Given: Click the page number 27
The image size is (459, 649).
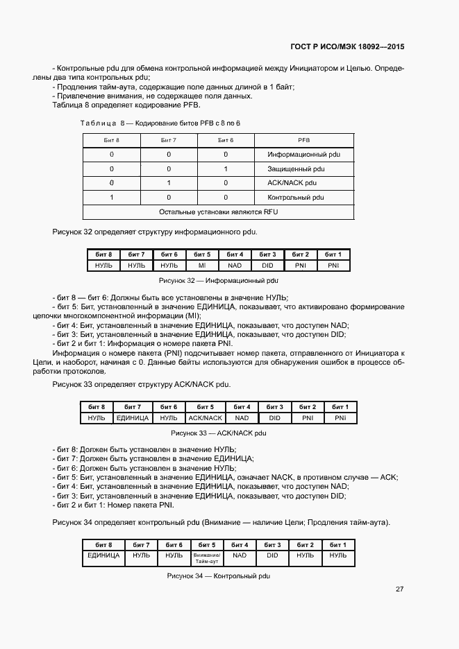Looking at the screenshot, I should pyautogui.click(x=399, y=589).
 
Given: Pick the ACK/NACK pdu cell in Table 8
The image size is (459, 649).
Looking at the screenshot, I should pyautogui.click(x=293, y=183).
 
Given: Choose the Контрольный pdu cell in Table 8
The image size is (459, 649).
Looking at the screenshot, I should pyautogui.click(x=296, y=198).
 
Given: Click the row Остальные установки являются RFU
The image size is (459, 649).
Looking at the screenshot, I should pyautogui.click(x=218, y=211).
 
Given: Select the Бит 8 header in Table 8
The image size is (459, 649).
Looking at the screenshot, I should pyautogui.click(x=111, y=140).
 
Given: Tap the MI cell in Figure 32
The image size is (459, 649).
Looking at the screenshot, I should pyautogui.click(x=202, y=266).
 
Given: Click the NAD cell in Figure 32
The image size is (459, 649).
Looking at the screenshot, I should pyautogui.click(x=235, y=266).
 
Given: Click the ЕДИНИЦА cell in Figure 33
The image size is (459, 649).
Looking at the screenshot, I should pyautogui.click(x=133, y=418).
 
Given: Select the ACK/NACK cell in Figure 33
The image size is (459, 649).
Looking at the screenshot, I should pyautogui.click(x=205, y=418).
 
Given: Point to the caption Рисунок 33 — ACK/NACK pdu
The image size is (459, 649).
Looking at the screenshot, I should pyautogui.click(x=218, y=433).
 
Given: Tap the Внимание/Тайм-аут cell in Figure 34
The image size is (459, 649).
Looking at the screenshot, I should pyautogui.click(x=206, y=557).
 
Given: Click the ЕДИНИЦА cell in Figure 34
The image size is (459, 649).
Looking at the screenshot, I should pyautogui.click(x=103, y=555).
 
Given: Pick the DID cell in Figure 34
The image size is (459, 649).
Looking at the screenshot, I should pyautogui.click(x=272, y=555).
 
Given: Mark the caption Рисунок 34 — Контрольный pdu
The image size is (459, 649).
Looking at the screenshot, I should pyautogui.click(x=218, y=576).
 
